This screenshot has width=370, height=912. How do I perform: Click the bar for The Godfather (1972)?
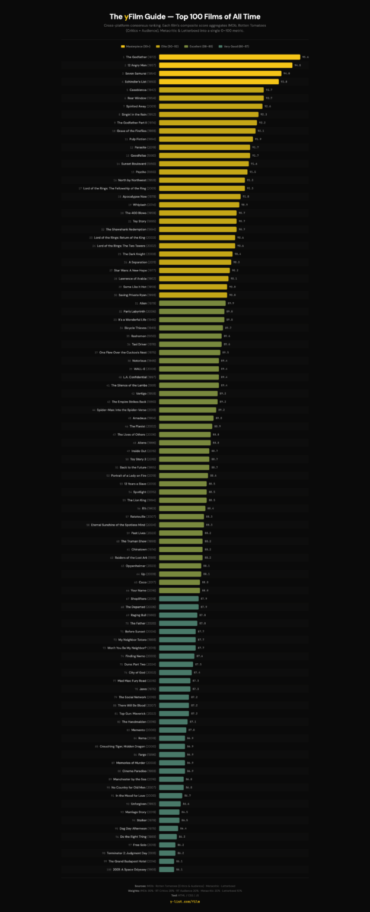229,57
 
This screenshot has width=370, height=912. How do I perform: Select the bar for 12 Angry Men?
225,65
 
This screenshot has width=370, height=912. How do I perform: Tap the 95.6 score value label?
305,57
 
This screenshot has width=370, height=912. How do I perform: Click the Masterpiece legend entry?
135,45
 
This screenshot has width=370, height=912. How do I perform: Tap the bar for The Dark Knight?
196,254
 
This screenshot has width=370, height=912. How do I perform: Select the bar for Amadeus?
186,418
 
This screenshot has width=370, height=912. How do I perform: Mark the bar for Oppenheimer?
180,566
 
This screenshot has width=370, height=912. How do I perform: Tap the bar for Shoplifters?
178,598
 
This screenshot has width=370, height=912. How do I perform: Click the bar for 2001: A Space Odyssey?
167,869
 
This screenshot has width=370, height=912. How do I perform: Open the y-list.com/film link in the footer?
185,900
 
